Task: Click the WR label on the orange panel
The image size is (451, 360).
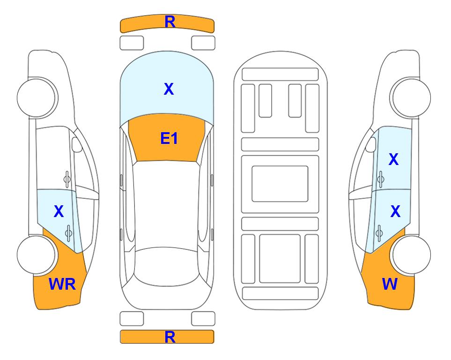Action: tap(62, 284)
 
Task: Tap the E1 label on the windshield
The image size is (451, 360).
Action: tap(169, 138)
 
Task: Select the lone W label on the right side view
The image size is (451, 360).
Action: tap(390, 284)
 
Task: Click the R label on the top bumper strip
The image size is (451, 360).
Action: tap(170, 22)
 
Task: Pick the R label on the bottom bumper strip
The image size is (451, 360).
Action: tap(170, 337)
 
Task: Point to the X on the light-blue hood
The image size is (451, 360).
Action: tap(169, 89)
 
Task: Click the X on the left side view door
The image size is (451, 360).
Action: tap(59, 211)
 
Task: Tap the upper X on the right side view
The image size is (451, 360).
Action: tap(393, 159)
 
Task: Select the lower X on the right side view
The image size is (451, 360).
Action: tap(395, 211)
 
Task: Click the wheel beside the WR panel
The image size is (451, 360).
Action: tap(37, 255)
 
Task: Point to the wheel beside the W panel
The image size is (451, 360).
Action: tap(412, 255)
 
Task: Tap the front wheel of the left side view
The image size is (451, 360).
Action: tap(37, 98)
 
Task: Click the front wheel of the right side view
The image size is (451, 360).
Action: tap(412, 98)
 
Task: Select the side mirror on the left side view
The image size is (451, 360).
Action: tap(76, 144)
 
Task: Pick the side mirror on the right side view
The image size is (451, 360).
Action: tap(371, 144)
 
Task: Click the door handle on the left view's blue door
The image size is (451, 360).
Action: tap(68, 233)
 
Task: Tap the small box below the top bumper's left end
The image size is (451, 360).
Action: tap(132, 43)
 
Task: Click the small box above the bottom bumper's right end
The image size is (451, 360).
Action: tap(203, 319)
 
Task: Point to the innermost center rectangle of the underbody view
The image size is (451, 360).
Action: tap(280, 184)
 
